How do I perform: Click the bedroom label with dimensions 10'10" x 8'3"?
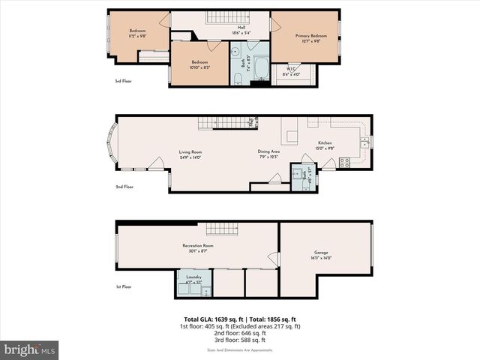(199, 64)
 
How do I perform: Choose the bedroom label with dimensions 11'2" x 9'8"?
(136, 33)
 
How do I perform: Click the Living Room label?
(190, 154)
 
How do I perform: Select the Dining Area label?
(268, 154)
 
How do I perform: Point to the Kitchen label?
(325, 145)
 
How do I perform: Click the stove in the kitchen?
(344, 161)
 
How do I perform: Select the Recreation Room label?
(198, 247)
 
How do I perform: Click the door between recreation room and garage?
(274, 259)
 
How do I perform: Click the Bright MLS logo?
(29, 349)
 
